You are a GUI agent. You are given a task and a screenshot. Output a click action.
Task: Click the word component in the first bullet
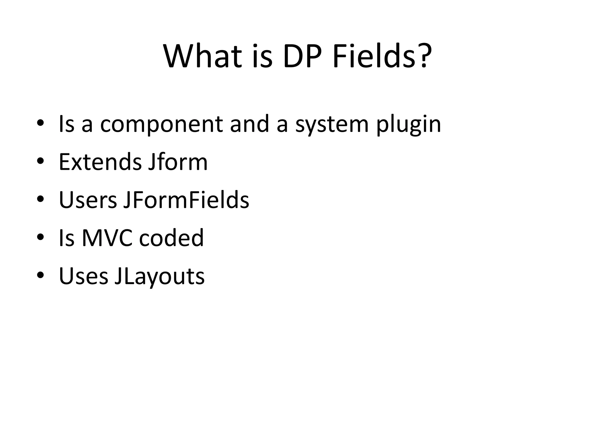161,124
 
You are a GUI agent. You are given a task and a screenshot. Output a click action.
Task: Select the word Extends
100,162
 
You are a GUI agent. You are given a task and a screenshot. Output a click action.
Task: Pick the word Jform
178,162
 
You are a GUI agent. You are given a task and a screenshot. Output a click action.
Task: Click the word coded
171,238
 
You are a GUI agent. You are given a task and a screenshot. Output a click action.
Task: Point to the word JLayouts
159,276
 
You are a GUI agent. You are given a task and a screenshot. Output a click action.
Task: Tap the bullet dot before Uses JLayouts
40,275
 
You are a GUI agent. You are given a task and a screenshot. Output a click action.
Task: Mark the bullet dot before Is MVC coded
40,237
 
